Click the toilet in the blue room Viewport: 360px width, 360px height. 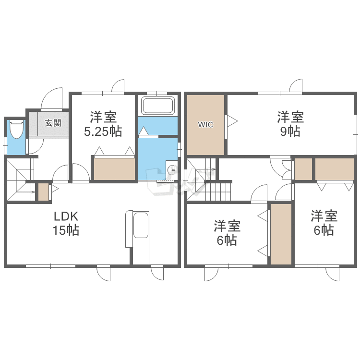pyautogui.click(x=17, y=129)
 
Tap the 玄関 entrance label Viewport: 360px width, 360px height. pyautogui.click(x=53, y=123)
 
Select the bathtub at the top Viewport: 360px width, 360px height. pyautogui.click(x=158, y=106)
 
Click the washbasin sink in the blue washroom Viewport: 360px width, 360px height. pyautogui.click(x=171, y=170)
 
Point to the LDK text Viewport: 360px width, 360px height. pyautogui.click(x=66, y=216)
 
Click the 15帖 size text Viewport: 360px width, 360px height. pyautogui.click(x=66, y=230)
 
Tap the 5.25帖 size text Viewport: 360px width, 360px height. pyautogui.click(x=103, y=132)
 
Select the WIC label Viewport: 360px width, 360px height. pyautogui.click(x=205, y=125)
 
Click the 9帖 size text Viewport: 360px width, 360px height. pyautogui.click(x=290, y=132)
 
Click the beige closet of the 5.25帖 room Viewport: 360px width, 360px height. pyautogui.click(x=114, y=169)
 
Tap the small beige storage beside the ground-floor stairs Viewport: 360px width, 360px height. pyautogui.click(x=43, y=192)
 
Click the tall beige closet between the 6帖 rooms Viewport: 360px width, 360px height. pyautogui.click(x=281, y=234)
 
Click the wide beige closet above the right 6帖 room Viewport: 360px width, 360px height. pyautogui.click(x=334, y=169)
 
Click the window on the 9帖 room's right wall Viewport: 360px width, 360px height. pyautogui.click(x=355, y=133)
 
